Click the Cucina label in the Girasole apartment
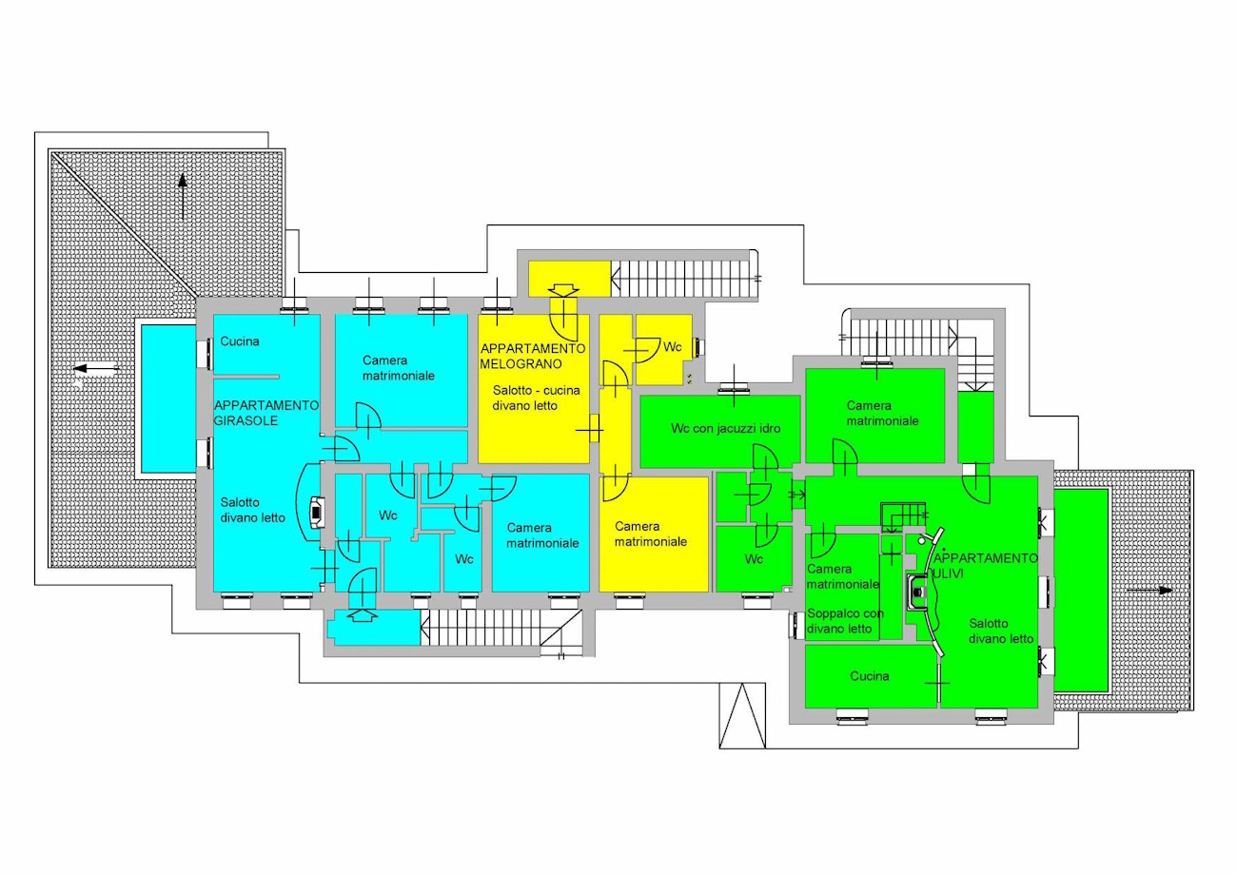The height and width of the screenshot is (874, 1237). pos(240,341)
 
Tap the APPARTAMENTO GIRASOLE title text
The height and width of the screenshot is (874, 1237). pos(266,413)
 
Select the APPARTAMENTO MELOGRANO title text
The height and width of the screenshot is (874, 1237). pos(532,356)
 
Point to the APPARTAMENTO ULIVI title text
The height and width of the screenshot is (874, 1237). pos(985,566)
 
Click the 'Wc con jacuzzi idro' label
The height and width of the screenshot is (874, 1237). pos(726,428)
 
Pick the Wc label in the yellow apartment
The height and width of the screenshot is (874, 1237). pos(672,346)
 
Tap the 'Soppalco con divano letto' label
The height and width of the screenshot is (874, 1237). pos(845,621)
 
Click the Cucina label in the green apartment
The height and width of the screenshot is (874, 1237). pos(869,676)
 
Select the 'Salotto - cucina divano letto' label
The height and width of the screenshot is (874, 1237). pos(537,398)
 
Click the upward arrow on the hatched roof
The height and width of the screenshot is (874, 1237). pos(182,197)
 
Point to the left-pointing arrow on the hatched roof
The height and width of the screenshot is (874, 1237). pos(96,368)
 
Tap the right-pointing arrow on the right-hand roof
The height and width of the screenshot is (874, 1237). pos(1149,590)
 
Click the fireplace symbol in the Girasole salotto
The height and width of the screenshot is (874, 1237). pos(317,513)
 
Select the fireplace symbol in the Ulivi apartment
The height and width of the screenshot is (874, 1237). pos(917,592)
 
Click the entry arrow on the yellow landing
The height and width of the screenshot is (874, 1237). pos(563,290)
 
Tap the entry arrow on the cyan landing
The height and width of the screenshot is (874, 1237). pos(362,615)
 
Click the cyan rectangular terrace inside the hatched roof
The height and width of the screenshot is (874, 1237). pos(167,398)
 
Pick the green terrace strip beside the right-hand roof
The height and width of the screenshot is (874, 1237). pos(1081,590)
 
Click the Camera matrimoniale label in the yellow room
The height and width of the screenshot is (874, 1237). pos(651,534)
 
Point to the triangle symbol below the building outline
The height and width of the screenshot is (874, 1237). pos(742,715)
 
